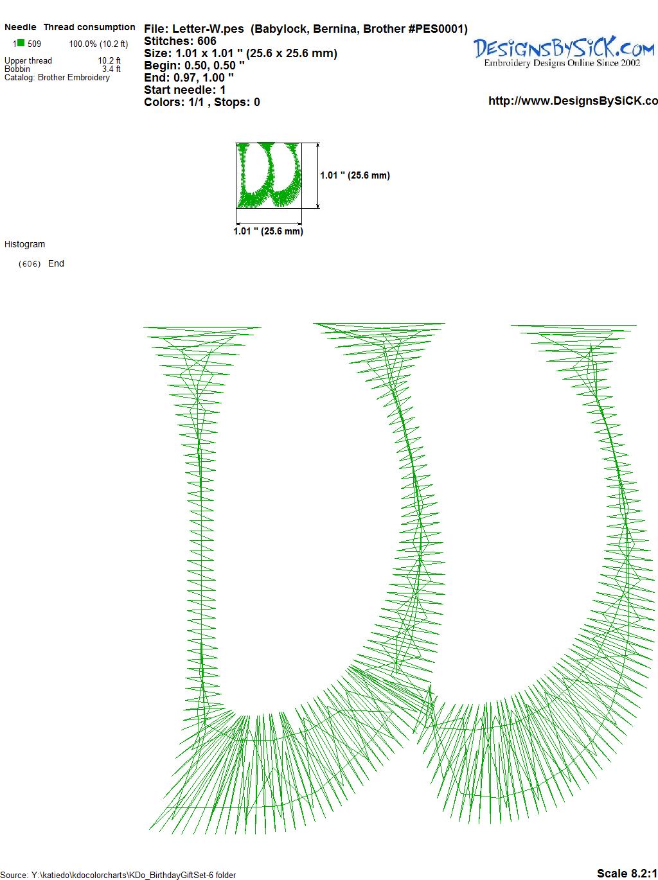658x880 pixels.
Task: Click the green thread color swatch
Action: click(21, 43)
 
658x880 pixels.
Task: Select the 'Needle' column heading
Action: click(20, 27)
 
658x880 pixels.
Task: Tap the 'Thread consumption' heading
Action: click(89, 27)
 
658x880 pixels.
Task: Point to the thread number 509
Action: click(34, 44)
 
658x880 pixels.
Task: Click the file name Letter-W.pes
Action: click(208, 29)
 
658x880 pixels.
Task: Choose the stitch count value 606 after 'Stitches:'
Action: click(206, 41)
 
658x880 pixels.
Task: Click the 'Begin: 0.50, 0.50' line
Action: click(194, 66)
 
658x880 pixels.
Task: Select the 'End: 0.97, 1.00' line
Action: click(189, 77)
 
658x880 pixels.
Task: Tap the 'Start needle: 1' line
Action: click(185, 90)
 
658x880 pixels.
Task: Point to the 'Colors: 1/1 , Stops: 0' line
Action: click(202, 102)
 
